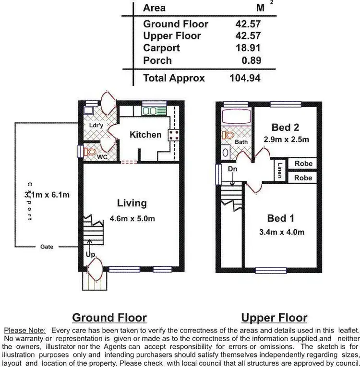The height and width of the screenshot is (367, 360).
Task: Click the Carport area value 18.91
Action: click(249, 48)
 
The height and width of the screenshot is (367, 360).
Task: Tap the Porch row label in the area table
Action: click(157, 60)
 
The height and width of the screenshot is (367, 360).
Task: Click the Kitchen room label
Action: click(145, 135)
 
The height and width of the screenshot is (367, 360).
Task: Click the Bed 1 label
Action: click(280, 219)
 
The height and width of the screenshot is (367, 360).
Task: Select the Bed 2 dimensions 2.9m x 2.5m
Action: click(286, 140)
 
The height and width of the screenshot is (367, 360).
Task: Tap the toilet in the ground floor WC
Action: click(90, 152)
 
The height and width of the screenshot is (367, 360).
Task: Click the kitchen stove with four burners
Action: click(173, 135)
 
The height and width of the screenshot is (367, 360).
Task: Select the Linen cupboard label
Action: click(280, 170)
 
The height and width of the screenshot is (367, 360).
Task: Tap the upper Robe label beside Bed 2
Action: click(303, 164)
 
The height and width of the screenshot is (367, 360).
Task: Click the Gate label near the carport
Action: click(47, 247)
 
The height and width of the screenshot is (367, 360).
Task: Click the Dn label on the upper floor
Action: click(232, 169)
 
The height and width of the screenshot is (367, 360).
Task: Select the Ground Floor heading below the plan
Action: click(109, 318)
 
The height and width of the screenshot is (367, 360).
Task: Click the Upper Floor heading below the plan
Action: click(274, 318)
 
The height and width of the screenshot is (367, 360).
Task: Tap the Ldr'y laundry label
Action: click(96, 126)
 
